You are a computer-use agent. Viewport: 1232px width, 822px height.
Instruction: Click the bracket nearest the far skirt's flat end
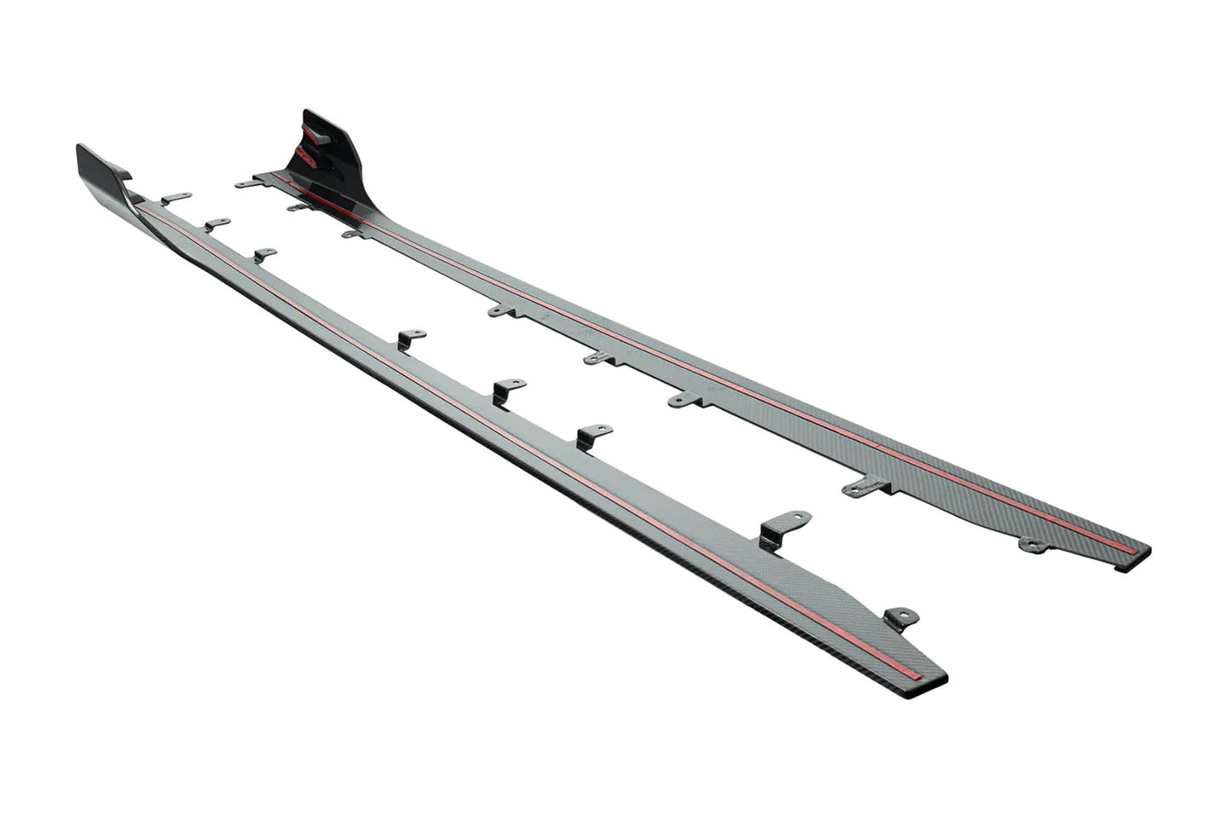tap(1032, 543)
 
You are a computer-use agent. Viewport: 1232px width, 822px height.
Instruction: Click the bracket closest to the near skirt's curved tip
tap(175, 198)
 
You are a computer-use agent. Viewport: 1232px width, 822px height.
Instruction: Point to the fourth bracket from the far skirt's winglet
tap(503, 310)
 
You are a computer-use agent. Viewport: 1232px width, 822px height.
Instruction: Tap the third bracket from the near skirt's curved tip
tap(264, 255)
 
